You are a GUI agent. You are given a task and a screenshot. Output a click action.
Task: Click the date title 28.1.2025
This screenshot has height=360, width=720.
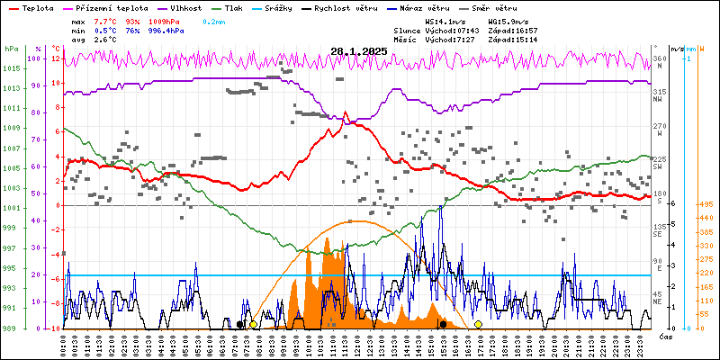[x=358, y=51]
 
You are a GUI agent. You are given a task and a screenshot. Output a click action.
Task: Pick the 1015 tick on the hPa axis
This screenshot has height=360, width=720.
[x=11, y=68]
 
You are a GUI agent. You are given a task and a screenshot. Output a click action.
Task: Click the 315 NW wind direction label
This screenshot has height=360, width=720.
[x=659, y=94]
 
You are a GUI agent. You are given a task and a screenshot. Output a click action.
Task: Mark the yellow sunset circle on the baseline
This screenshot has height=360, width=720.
[x=478, y=324]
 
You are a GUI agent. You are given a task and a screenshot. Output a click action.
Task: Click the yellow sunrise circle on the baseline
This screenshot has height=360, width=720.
[x=254, y=324]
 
